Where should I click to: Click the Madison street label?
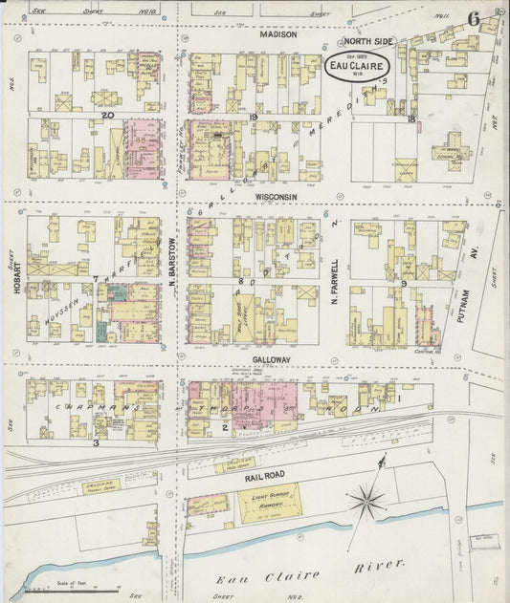278,34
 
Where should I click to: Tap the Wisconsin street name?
277,197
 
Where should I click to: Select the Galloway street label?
271,360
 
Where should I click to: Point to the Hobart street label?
17,276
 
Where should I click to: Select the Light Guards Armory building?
269,503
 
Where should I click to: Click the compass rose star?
366,498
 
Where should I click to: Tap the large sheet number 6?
474,19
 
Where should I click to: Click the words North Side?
368,43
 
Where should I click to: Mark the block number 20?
108,116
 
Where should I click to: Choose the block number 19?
254,117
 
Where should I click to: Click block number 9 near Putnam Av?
405,283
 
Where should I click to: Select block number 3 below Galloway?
96,442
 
